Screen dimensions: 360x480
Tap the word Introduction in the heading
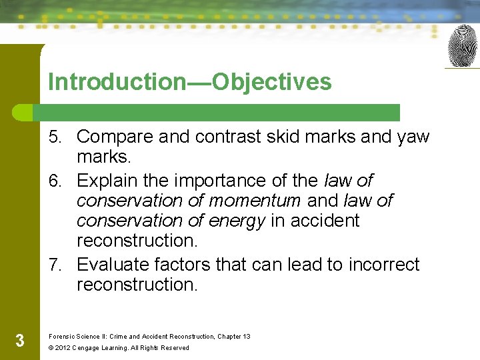pyautogui.click(x=117, y=82)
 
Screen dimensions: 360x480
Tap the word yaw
pyautogui.click(x=413, y=137)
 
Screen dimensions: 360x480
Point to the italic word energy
pyautogui.click(x=238, y=221)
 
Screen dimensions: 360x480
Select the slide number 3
pyautogui.click(x=19, y=341)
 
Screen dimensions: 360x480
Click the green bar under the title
pyautogui.click(x=220, y=112)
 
